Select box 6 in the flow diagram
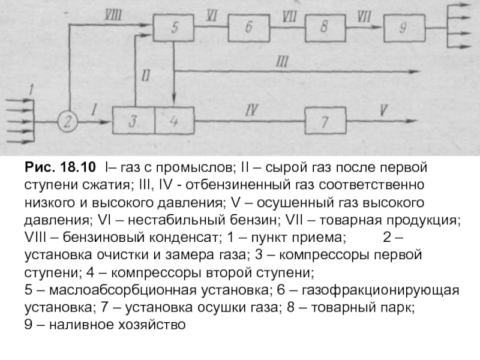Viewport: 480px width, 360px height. pos(250,28)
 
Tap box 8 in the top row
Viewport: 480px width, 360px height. pos(325,28)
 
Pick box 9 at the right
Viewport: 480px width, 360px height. pos(403,28)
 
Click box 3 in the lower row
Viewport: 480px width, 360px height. pos(133,122)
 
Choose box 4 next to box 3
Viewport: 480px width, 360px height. pos(175,122)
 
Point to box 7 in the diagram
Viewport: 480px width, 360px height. pos(325,122)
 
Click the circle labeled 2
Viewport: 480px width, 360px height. pos(68,122)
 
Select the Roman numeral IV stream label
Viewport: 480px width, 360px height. pos(252,110)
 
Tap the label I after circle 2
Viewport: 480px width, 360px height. pos(94,110)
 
